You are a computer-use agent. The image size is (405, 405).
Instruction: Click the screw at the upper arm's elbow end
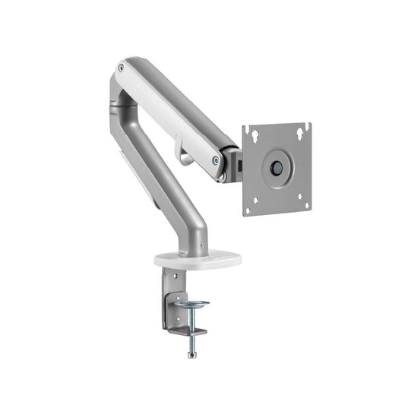click(x=121, y=68)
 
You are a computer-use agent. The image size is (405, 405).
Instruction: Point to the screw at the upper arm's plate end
click(x=217, y=160)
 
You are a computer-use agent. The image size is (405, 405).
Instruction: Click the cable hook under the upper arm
click(x=179, y=148)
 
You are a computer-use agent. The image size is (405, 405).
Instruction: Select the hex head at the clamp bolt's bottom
click(x=191, y=354)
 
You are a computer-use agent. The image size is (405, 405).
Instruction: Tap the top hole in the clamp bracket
click(x=172, y=280)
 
